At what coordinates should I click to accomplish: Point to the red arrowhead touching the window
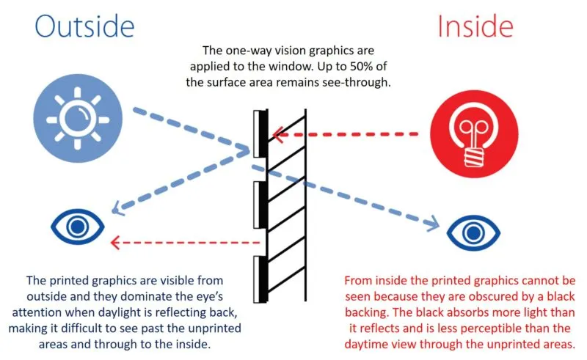click(275, 135)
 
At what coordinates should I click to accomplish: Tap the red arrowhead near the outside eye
click(114, 242)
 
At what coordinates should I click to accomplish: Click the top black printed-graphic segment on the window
click(258, 134)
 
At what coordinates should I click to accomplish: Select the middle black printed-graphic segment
click(258, 206)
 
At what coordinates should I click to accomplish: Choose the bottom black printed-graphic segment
click(258, 279)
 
